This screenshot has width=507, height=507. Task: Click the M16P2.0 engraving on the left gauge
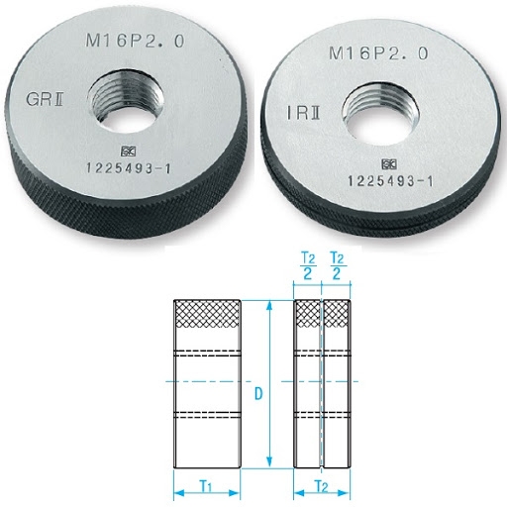coord(135,41)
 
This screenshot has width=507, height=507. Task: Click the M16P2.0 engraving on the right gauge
coord(378,53)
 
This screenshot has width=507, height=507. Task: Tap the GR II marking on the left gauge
coord(45,99)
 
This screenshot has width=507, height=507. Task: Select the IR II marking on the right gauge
coord(303,113)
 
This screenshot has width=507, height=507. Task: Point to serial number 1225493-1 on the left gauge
coord(129,168)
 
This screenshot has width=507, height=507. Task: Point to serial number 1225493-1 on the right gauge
coord(390,181)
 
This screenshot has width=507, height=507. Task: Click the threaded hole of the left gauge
coord(126,99)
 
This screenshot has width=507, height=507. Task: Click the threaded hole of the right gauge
coord(381,112)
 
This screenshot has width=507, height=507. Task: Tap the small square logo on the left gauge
coord(128,152)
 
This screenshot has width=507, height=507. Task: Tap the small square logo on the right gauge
coord(389,164)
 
